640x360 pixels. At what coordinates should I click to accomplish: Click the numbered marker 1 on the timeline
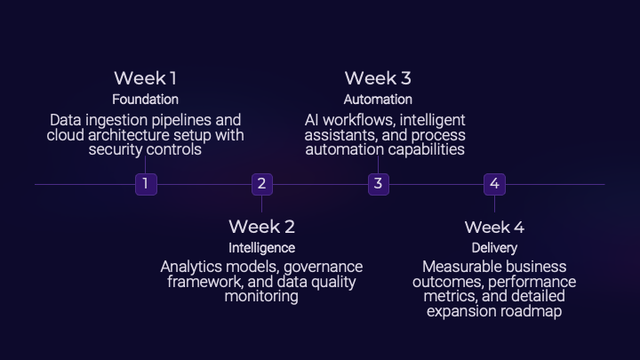[145, 184]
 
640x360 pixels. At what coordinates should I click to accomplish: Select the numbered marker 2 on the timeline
[261, 184]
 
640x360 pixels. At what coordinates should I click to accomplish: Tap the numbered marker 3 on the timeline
[379, 184]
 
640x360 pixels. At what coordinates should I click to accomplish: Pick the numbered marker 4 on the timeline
[495, 184]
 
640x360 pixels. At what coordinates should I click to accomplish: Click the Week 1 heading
[145, 78]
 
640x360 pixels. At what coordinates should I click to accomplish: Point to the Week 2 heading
[261, 227]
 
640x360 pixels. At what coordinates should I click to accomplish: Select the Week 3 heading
[378, 78]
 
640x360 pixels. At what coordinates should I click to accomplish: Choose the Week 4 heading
[494, 227]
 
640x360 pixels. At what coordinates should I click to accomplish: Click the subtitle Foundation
[145, 100]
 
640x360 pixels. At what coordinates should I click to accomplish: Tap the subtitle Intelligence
[261, 248]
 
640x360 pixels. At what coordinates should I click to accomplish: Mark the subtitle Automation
[378, 100]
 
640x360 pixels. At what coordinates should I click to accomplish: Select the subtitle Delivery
[494, 248]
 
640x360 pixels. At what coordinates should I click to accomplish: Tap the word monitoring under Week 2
[261, 296]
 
